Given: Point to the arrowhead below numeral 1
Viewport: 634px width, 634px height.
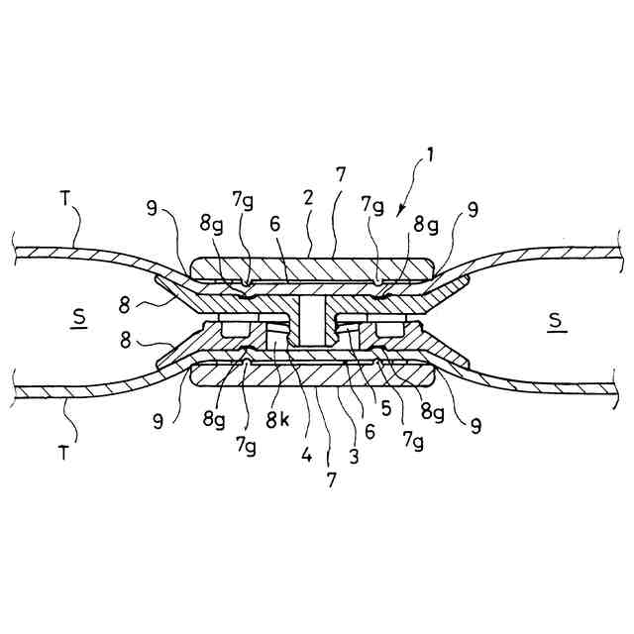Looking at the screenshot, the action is click(x=398, y=212).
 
